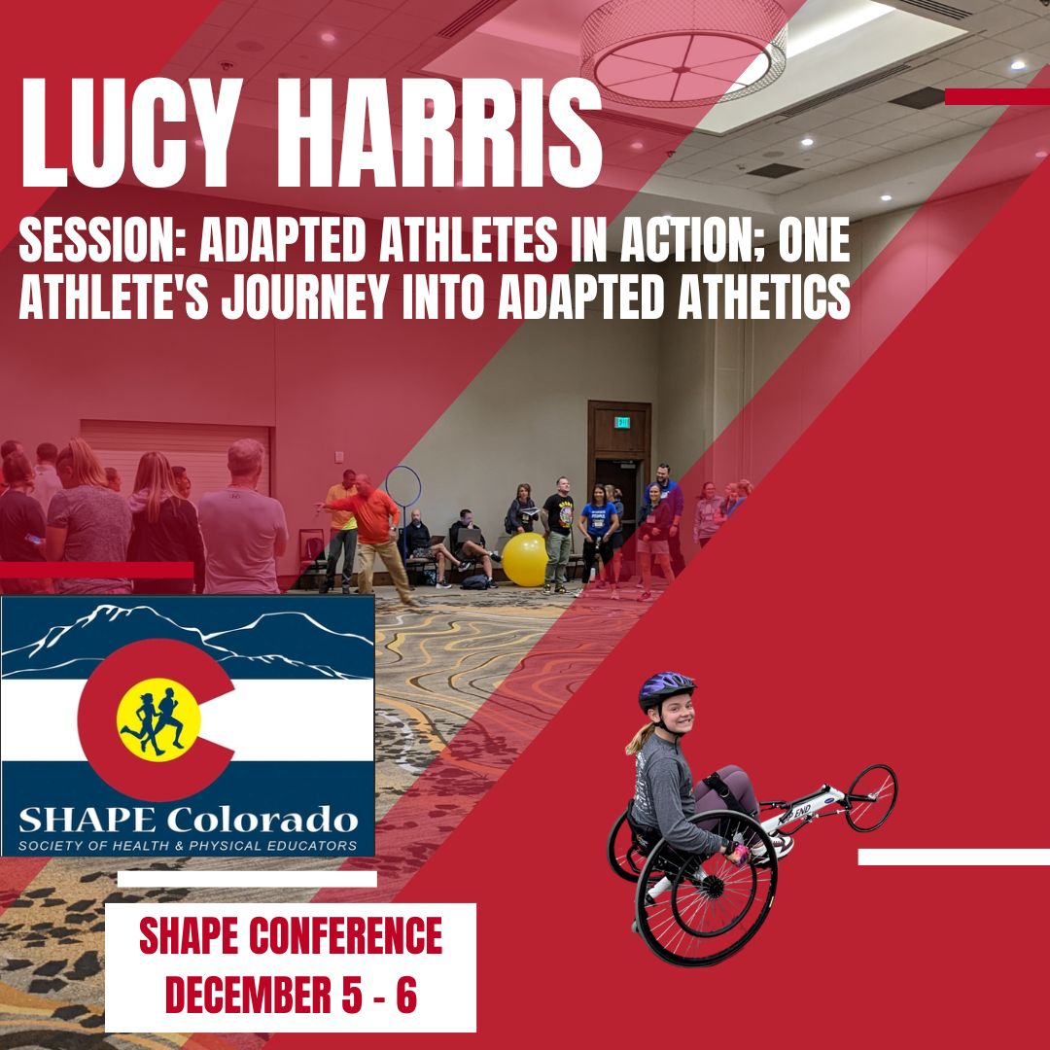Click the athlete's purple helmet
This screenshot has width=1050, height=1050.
(x=666, y=691)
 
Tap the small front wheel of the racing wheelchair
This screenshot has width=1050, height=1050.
(x=870, y=797)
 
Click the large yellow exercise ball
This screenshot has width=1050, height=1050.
(x=524, y=559)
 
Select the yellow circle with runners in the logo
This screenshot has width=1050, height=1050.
(x=158, y=720)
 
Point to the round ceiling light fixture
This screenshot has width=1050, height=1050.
(x=683, y=53)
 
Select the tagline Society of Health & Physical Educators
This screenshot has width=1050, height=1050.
(x=187, y=845)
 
